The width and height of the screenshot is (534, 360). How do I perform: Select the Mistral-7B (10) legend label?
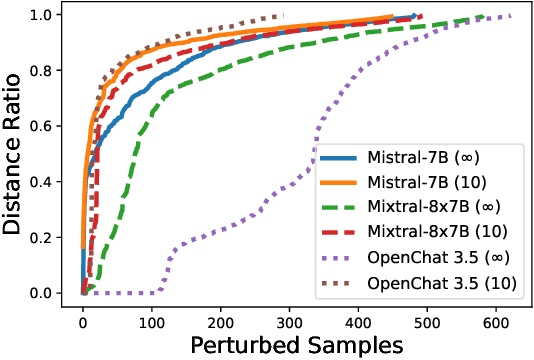point(421,184)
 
